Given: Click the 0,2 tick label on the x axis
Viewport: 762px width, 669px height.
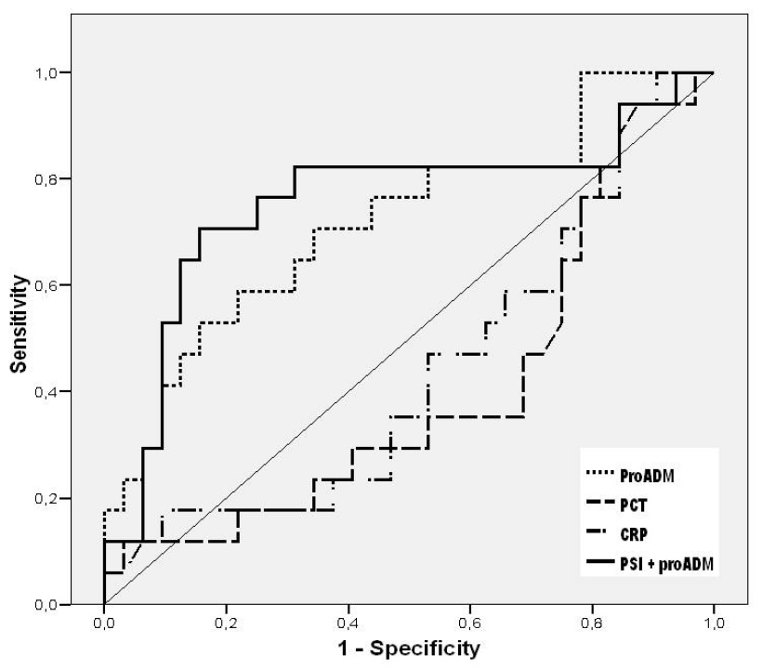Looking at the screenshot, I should coord(225,622).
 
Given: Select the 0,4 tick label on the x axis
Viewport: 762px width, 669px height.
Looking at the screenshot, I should coord(348,622).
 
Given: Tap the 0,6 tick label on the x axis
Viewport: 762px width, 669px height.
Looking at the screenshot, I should coord(469,622).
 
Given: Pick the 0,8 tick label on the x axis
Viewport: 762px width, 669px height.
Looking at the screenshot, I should coord(591,622).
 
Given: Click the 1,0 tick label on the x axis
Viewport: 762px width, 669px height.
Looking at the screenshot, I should coord(714,622).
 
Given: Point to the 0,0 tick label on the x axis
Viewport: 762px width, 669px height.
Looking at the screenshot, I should coord(103,622).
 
